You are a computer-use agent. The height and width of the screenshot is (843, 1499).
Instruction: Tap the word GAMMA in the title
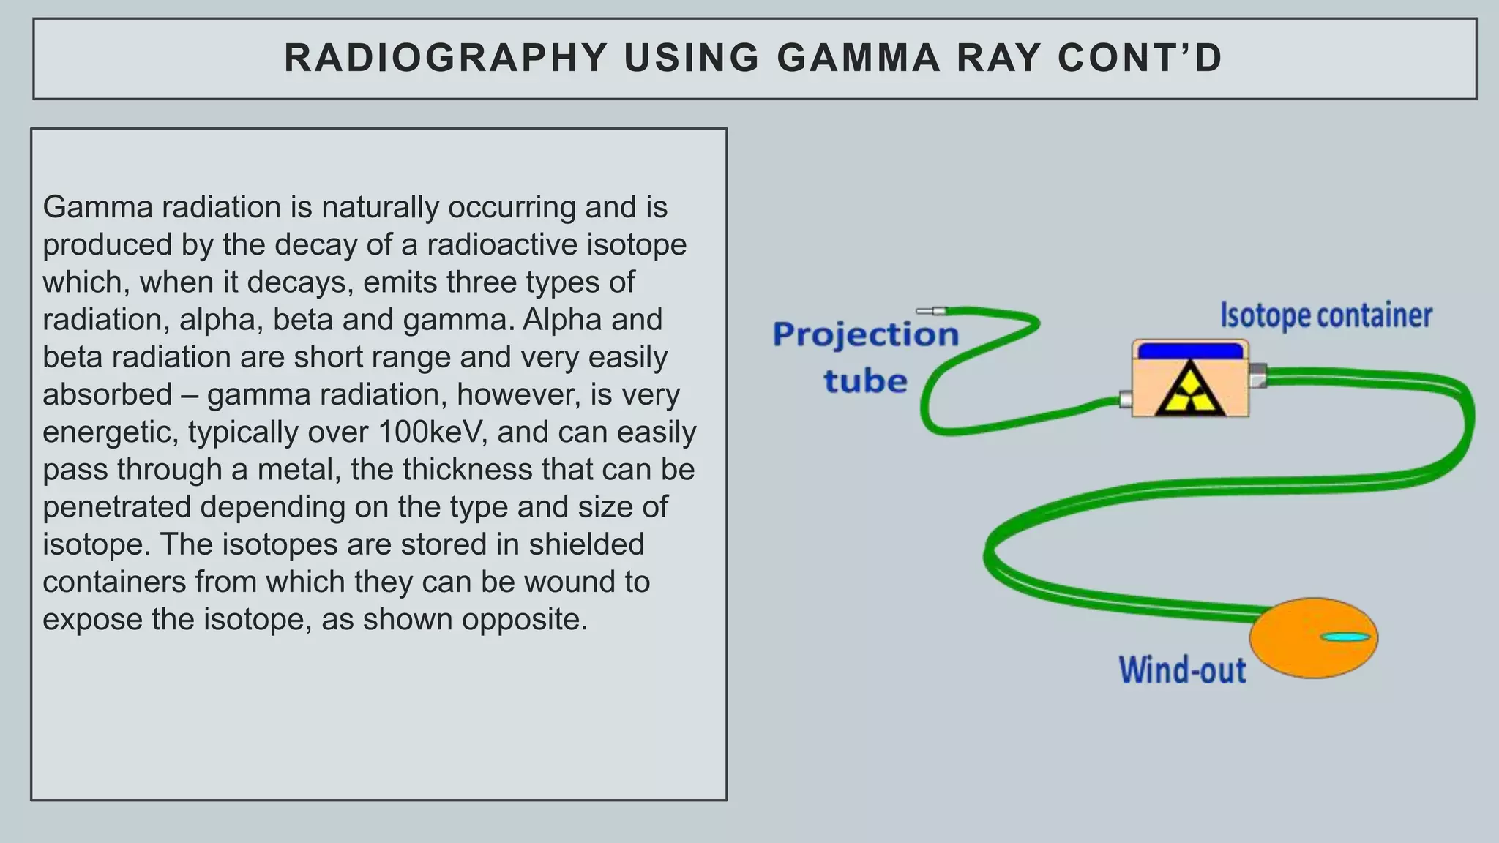(859, 58)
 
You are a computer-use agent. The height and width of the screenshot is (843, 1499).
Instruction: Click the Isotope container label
(1326, 316)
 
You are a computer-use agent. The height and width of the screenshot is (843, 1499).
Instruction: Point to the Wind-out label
(1182, 670)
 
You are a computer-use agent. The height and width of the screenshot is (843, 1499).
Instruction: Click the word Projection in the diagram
(866, 335)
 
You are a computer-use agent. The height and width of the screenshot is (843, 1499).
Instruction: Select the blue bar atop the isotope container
(1190, 351)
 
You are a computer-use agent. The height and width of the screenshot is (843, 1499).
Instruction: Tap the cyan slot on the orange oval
(1345, 637)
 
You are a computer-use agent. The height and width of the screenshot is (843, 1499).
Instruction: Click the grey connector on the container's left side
(1126, 400)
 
